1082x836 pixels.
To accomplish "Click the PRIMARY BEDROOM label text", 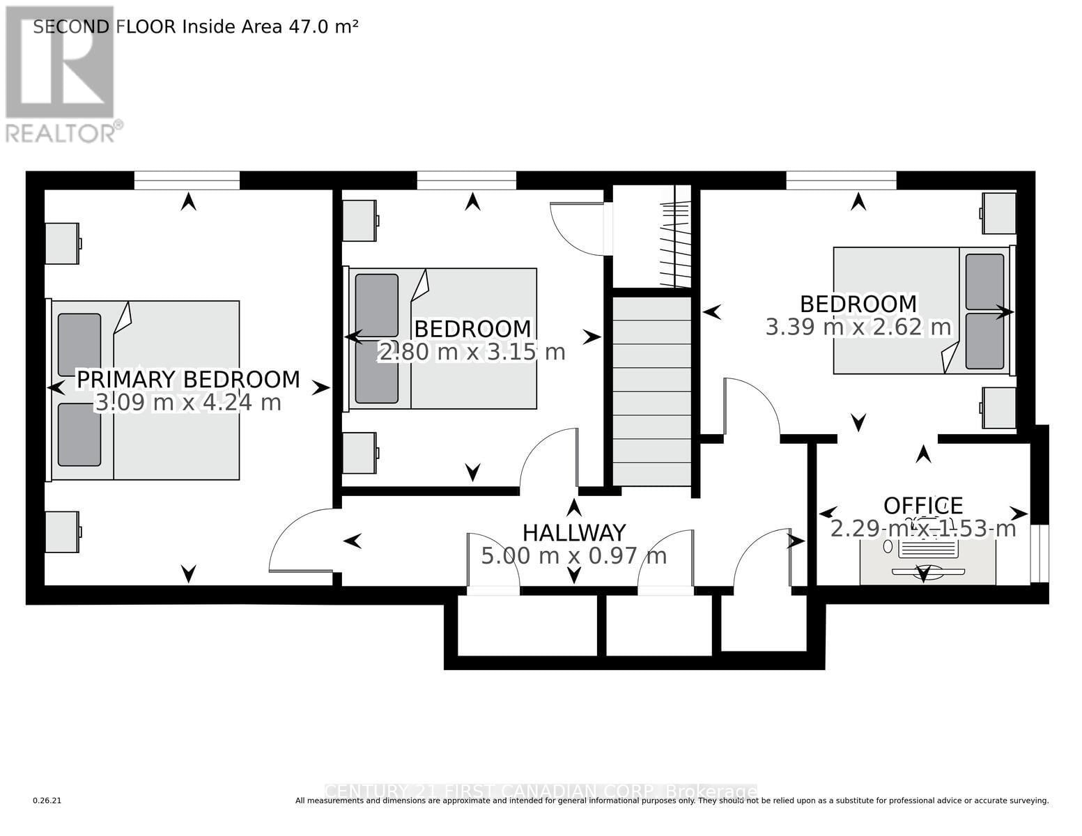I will (188, 380).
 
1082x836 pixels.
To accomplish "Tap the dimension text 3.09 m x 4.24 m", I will (188, 403).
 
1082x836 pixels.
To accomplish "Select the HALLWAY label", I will (573, 533).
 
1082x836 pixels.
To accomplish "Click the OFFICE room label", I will (923, 506).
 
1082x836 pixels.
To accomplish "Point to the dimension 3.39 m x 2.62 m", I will (858, 327).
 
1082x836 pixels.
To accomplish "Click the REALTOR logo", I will (61, 73).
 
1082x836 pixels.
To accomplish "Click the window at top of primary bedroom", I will (187, 181).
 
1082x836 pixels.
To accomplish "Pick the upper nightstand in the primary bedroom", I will (62, 243).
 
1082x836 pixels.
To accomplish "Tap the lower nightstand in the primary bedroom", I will (62, 532).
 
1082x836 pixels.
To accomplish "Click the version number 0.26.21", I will (47, 801).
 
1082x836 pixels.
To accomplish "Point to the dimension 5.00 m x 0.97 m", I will (573, 556).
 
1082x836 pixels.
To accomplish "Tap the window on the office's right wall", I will (1040, 554).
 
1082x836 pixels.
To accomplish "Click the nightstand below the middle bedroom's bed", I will (360, 454).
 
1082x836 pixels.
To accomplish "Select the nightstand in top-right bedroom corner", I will (999, 213).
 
